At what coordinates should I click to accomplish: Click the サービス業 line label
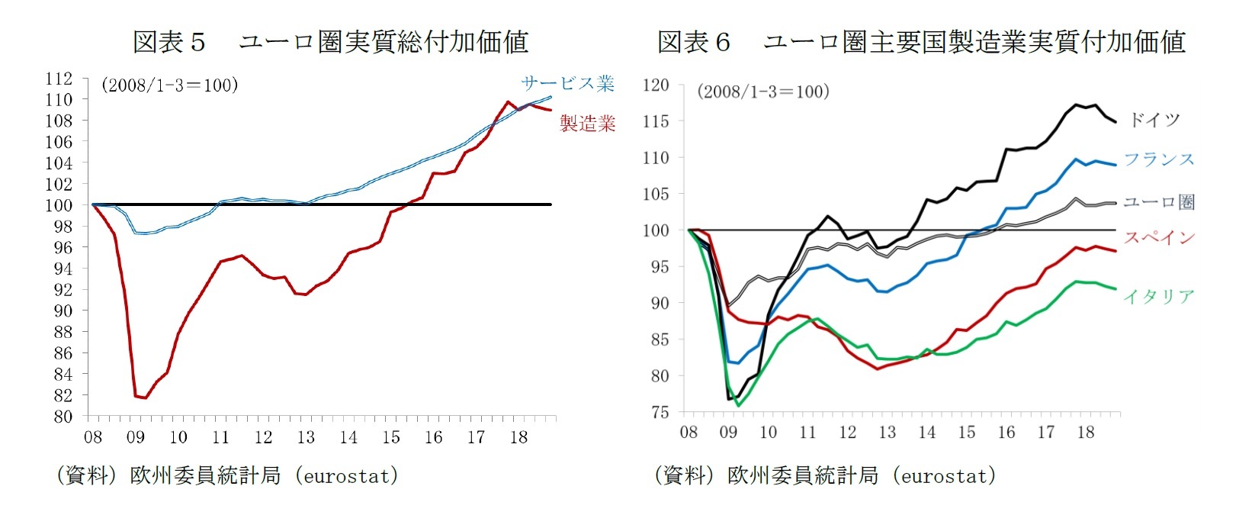(x=568, y=83)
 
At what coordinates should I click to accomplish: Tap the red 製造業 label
(x=587, y=124)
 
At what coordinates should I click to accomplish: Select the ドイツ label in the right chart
(x=1154, y=120)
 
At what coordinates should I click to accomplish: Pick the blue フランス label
(x=1159, y=159)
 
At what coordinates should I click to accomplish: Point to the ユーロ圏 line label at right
(x=1159, y=202)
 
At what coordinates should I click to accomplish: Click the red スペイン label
(x=1159, y=238)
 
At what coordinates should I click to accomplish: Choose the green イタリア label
(x=1159, y=297)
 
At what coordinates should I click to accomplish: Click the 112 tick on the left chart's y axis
(x=59, y=79)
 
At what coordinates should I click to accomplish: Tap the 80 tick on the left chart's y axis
(x=63, y=417)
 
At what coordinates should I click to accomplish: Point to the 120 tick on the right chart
(x=656, y=85)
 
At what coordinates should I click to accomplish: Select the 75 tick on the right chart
(x=660, y=412)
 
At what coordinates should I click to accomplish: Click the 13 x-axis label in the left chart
(x=306, y=437)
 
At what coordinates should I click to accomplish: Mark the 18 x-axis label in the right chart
(x=1086, y=433)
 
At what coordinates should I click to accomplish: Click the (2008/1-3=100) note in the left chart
(x=169, y=85)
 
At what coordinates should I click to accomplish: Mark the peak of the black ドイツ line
(x=1077, y=105)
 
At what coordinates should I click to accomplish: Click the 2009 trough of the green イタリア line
(x=738, y=405)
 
